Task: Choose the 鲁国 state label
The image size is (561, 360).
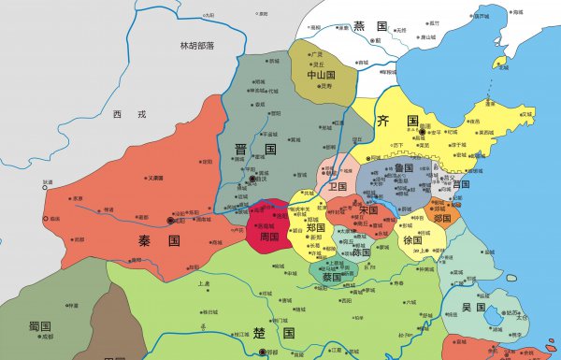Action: (404, 167)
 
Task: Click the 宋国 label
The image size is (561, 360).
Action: (367, 211)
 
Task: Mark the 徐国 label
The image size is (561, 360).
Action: (413, 239)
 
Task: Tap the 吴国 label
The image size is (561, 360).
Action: (473, 308)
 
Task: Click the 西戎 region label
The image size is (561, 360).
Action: (123, 114)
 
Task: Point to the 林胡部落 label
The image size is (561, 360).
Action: (197, 46)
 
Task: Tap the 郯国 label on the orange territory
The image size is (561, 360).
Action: (442, 218)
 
